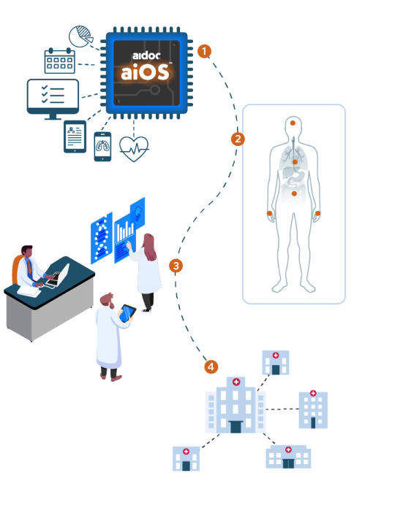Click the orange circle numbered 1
(204, 51)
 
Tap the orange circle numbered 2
(238, 139)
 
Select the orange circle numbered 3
(176, 266)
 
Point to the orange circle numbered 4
(211, 366)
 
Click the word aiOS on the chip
(145, 72)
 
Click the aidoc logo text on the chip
(146, 55)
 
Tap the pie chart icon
(80, 36)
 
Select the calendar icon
(60, 61)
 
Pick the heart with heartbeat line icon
(134, 149)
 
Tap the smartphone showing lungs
(102, 147)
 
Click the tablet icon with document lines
(75, 136)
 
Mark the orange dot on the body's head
(293, 123)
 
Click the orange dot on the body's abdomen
(294, 193)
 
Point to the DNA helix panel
(102, 238)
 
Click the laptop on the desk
(59, 276)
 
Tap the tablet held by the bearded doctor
(127, 312)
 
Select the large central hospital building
(236, 405)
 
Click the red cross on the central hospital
(236, 382)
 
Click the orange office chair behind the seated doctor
(16, 270)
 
